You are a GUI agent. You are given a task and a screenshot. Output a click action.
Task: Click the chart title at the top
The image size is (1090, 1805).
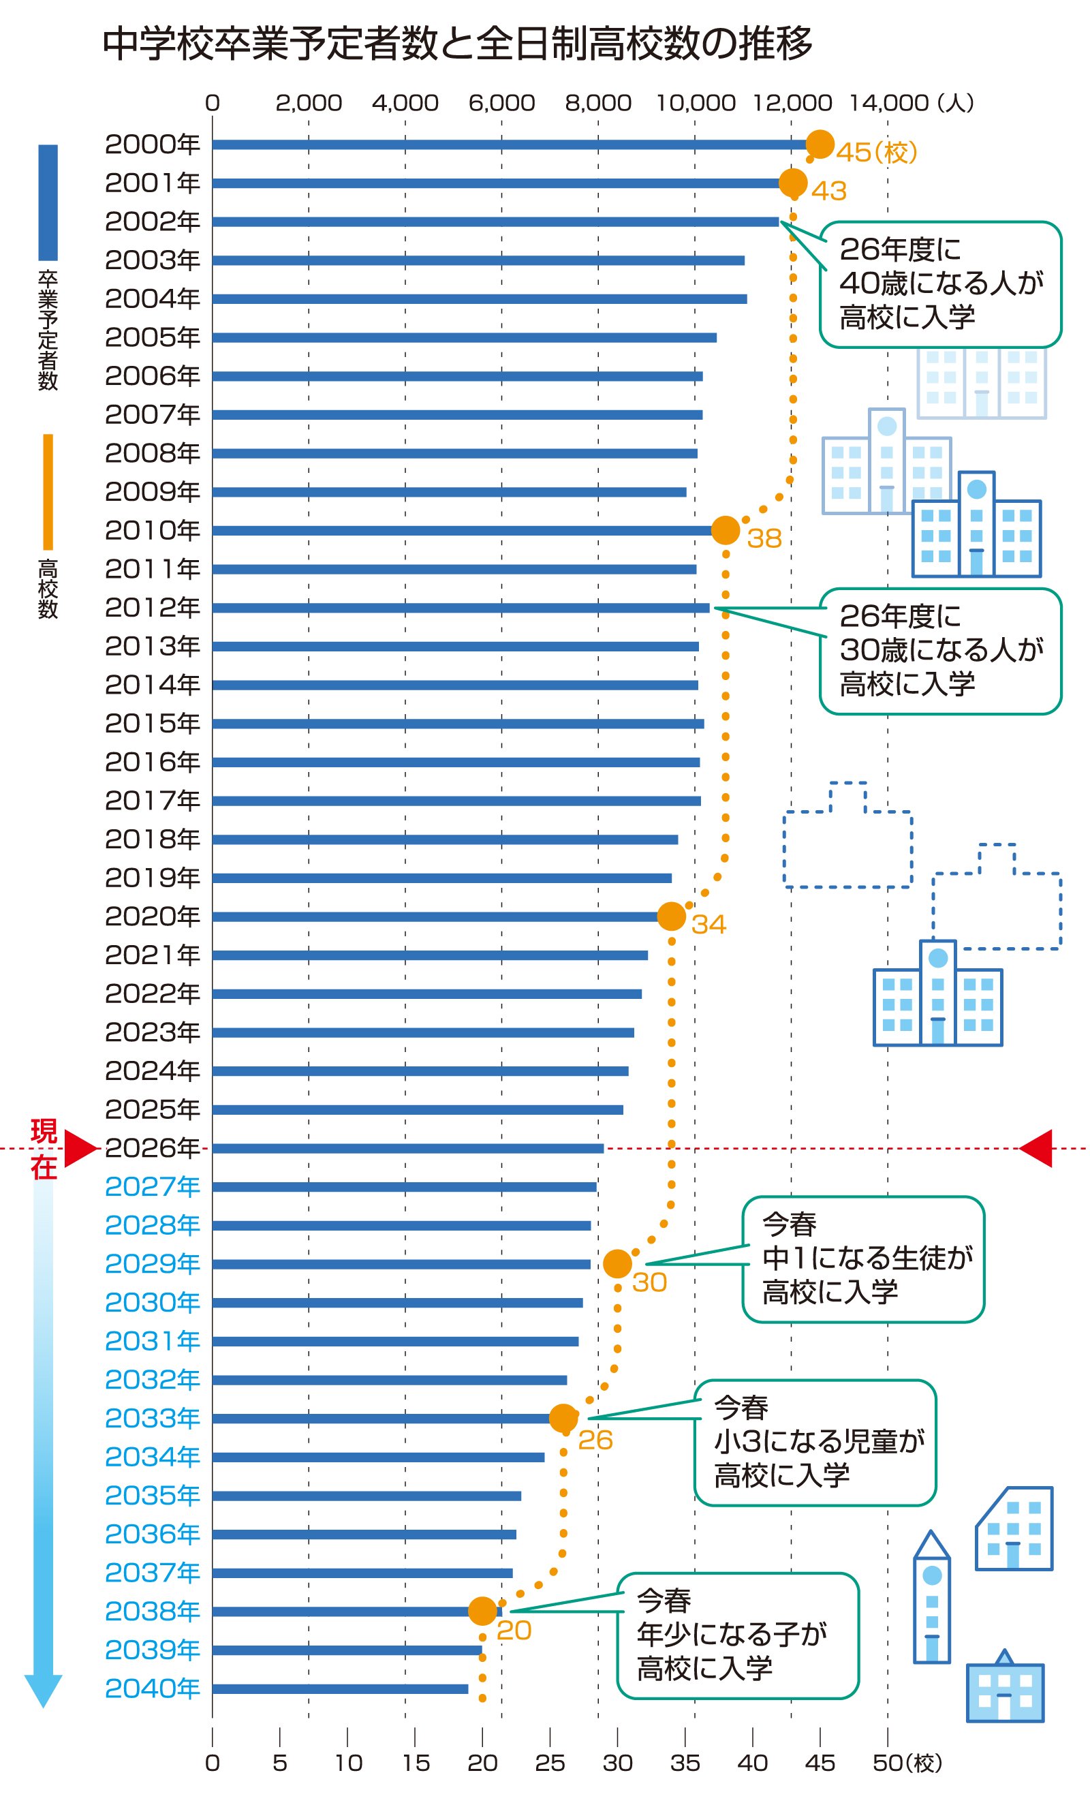click(x=457, y=44)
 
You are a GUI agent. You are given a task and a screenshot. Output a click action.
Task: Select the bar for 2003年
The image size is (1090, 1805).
click(x=478, y=260)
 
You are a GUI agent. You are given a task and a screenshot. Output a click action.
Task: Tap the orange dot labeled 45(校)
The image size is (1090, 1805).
click(x=820, y=144)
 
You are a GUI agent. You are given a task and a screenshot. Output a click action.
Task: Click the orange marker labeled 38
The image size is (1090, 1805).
click(x=726, y=529)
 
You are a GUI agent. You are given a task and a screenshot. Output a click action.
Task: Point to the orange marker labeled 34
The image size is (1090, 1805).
click(x=671, y=916)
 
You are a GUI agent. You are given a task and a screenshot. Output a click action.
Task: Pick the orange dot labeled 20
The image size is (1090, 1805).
click(x=482, y=1611)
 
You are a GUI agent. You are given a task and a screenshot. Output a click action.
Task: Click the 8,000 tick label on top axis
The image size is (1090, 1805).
click(x=597, y=103)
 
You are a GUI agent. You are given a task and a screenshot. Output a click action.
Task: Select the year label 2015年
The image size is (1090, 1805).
click(x=153, y=723)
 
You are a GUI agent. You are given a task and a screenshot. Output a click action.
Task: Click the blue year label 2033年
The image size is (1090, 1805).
click(x=153, y=1418)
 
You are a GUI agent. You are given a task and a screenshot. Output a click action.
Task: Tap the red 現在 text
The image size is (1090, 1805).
click(x=44, y=1149)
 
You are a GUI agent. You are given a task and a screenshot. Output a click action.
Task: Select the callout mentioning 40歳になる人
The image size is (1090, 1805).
click(x=940, y=284)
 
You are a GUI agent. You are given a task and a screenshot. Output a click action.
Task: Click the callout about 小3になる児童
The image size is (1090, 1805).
click(x=815, y=1443)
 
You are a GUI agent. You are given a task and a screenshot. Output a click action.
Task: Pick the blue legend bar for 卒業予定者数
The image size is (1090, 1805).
click(x=48, y=202)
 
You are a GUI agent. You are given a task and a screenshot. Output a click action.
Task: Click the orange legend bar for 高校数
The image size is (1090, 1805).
click(x=48, y=491)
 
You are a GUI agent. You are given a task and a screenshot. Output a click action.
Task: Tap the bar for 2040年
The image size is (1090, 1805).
click(x=340, y=1688)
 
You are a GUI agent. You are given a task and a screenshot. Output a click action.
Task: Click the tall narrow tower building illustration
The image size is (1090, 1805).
click(x=931, y=1596)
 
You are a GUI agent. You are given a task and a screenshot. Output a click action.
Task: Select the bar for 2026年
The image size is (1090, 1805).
click(x=407, y=1148)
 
